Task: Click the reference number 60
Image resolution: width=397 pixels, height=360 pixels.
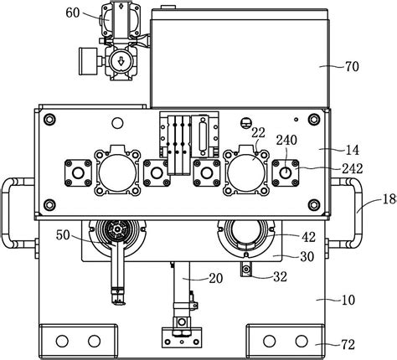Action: click(x=73, y=13)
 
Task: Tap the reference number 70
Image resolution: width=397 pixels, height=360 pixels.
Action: click(x=352, y=66)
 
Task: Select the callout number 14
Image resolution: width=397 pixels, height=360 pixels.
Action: click(x=352, y=150)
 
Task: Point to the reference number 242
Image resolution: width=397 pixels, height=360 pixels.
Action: click(x=353, y=168)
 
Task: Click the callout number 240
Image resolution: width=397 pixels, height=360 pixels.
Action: click(x=286, y=140)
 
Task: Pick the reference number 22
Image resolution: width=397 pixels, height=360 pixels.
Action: click(x=258, y=133)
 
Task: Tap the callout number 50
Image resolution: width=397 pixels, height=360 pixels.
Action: click(x=63, y=235)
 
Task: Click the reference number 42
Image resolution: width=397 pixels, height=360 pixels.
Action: click(x=308, y=238)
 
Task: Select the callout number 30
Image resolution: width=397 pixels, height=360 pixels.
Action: click(x=307, y=256)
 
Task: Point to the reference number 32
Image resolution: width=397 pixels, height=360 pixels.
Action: click(x=280, y=276)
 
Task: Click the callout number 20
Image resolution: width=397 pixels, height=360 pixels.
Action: click(x=216, y=278)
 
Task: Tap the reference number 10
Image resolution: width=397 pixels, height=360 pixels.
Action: click(x=348, y=300)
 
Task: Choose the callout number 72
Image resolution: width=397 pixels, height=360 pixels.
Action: click(x=348, y=345)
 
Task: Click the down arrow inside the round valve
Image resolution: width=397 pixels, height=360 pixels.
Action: click(x=121, y=60)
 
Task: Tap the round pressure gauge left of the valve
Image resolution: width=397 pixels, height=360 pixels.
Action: click(x=88, y=61)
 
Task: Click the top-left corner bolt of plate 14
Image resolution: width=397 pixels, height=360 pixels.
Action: click(x=49, y=120)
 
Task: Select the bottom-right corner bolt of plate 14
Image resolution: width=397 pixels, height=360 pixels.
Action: click(x=314, y=205)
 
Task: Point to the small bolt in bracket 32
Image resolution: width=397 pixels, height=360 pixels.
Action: click(x=246, y=269)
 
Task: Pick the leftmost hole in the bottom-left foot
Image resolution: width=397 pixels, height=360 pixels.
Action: click(x=62, y=341)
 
